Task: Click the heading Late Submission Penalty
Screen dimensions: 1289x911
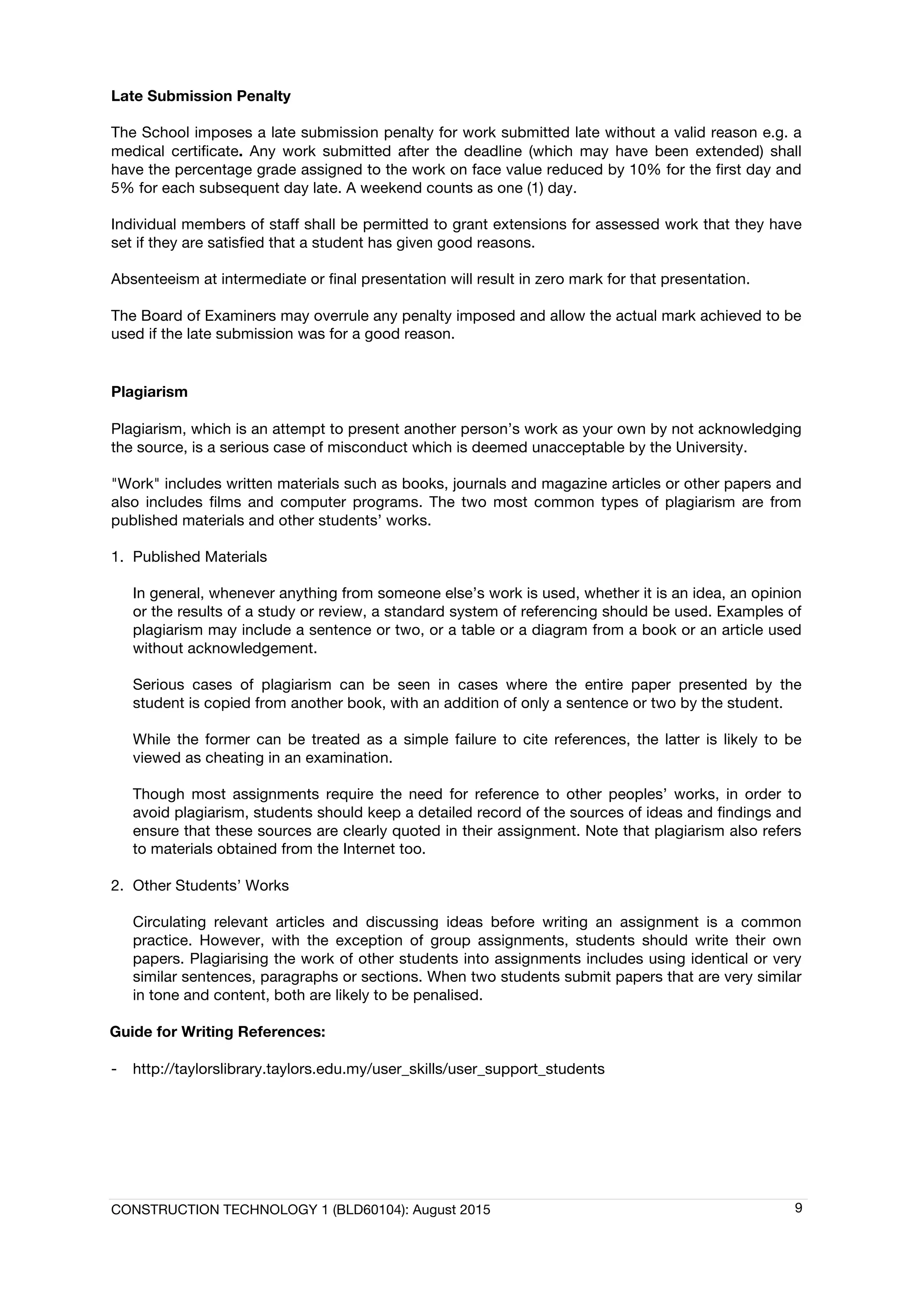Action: (200, 96)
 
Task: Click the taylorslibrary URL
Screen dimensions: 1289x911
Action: (368, 1068)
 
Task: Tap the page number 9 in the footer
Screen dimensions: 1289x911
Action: (798, 1208)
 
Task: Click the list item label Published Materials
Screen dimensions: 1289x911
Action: (199, 556)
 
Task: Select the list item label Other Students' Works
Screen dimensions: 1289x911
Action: (210, 885)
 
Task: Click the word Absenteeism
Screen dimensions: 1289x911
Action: (155, 279)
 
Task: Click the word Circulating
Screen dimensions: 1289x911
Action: (169, 922)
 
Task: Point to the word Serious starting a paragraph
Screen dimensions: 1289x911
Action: (158, 685)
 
